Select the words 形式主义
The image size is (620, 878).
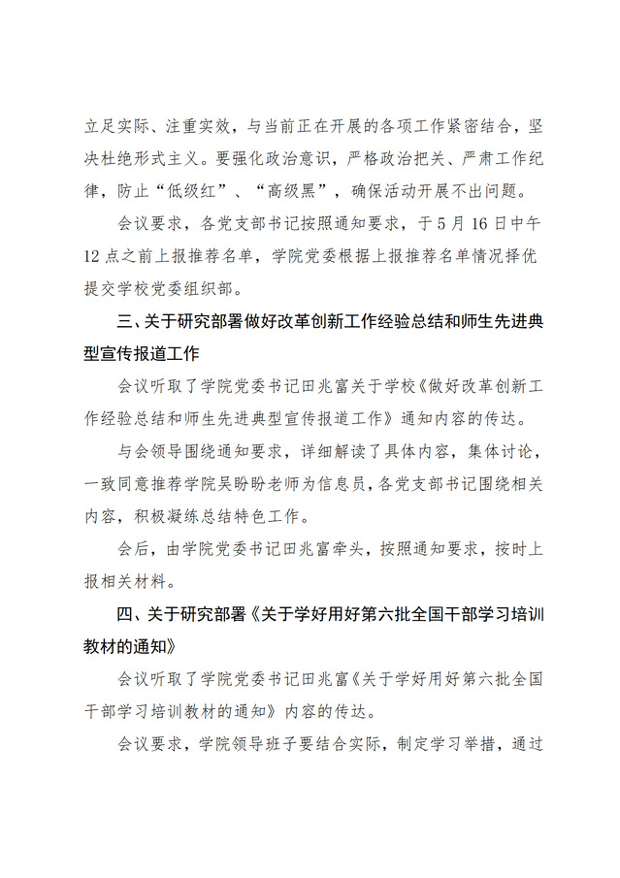pos(205,158)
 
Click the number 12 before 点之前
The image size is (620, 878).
pos(93,257)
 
